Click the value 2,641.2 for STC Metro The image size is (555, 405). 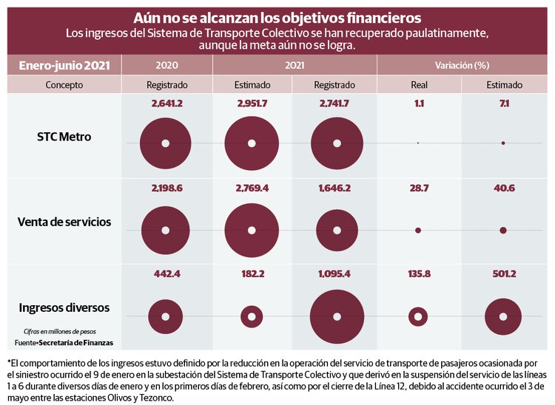point(166,104)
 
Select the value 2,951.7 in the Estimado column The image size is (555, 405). point(252,104)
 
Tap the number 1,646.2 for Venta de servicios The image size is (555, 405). point(335,189)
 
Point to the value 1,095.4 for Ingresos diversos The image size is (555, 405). point(335,274)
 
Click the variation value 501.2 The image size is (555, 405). point(503,274)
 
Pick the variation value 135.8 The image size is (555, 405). point(419,274)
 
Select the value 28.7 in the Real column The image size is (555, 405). point(419,189)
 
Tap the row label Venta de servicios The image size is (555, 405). point(64,221)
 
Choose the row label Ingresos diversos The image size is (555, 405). point(64,307)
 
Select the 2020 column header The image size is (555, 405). point(166,65)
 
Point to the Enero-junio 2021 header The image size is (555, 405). point(64,65)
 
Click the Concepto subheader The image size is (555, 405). point(64,85)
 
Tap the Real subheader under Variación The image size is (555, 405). point(419,85)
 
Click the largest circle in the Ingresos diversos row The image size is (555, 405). point(336,317)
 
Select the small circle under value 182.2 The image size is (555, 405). point(252,317)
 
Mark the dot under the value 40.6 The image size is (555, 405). point(503,231)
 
